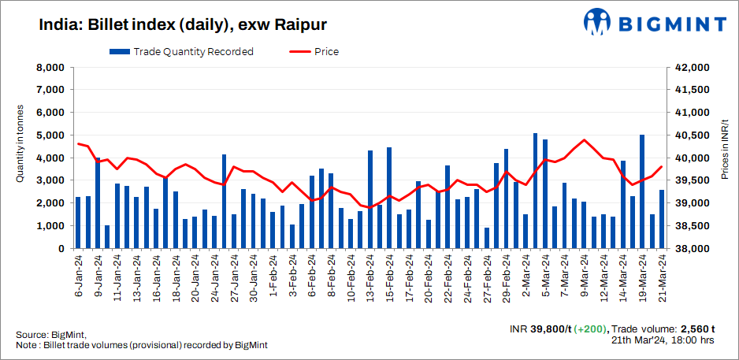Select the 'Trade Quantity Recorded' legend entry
point(181,52)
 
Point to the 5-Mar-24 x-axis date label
point(545,276)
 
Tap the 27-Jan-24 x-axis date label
point(234,276)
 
